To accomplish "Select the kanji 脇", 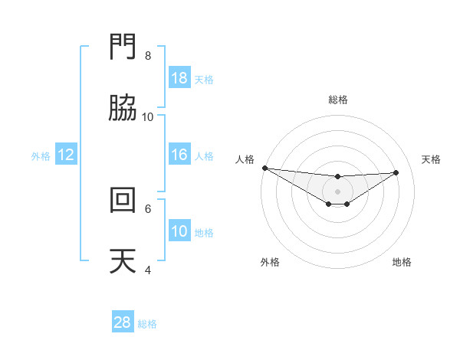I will tap(123, 109).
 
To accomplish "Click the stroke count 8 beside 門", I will tap(148, 56).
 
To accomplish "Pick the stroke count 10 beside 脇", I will tap(148, 116).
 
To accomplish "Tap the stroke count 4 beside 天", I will tap(148, 270).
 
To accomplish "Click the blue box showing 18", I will tap(179, 78).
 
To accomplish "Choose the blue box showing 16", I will tap(179, 155).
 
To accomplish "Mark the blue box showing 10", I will tap(179, 231).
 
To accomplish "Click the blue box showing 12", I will tap(66, 155).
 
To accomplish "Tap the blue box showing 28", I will tap(123, 323).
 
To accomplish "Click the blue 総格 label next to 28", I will tap(147, 324).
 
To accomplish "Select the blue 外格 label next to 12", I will tap(41, 155).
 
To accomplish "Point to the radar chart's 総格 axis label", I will tap(337, 100).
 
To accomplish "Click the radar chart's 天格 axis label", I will tap(432, 159).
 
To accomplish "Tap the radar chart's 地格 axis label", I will tap(402, 262).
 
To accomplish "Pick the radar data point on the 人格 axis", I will tap(264, 168).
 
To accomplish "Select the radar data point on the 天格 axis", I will tap(396, 172).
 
